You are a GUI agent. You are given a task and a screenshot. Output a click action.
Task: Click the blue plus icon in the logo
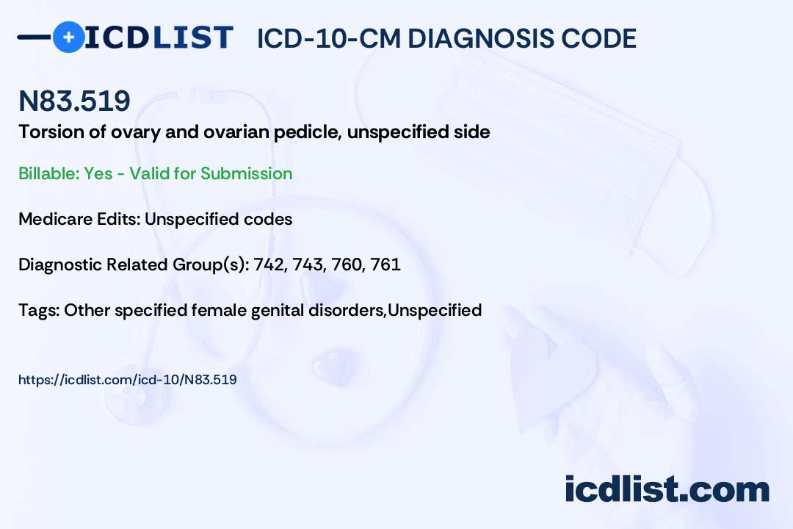coord(68,37)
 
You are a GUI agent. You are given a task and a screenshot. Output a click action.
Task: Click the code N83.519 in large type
coord(74,101)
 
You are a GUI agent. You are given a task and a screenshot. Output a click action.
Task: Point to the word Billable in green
coord(49,173)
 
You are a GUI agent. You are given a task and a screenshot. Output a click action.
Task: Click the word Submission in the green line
coord(246,173)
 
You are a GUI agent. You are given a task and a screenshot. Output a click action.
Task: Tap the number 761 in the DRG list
coord(385,264)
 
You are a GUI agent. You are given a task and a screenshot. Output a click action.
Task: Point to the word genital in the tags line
coord(277,311)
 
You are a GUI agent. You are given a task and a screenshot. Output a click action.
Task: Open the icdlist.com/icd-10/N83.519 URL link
coord(128,380)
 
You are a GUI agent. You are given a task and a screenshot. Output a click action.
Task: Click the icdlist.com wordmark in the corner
coord(667,489)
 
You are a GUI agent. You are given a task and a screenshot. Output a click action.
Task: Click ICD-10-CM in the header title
coord(329,38)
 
